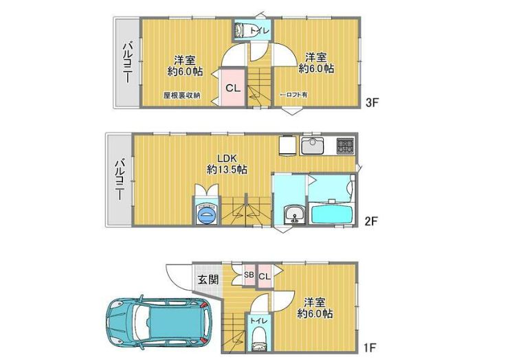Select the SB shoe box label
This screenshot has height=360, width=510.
click(x=249, y=275)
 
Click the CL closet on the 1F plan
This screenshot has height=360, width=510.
click(x=264, y=275)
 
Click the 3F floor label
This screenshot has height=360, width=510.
click(x=373, y=103)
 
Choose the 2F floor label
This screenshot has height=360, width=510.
click(x=372, y=221)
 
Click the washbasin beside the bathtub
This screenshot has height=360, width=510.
click(x=294, y=214)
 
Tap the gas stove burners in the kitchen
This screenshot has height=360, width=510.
click(x=344, y=146)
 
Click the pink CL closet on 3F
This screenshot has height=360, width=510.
click(x=232, y=87)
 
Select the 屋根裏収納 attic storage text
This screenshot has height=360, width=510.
click(x=181, y=95)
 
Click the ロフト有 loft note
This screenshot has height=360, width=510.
click(x=294, y=95)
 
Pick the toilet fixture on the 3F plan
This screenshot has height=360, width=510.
click(x=243, y=30)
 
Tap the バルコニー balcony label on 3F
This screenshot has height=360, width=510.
click(x=127, y=62)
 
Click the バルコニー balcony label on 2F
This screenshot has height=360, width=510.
click(x=119, y=179)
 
